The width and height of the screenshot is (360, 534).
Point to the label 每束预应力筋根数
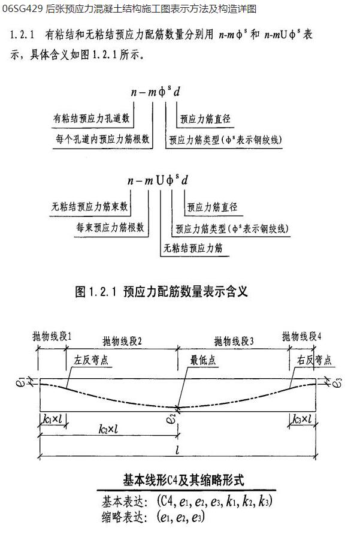[x=111, y=228]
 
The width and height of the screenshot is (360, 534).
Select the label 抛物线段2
[x=122, y=340]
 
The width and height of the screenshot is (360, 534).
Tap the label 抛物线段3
[x=234, y=340]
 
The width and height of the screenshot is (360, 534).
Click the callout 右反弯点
[x=313, y=361]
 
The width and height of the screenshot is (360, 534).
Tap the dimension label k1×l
[x=53, y=418]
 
